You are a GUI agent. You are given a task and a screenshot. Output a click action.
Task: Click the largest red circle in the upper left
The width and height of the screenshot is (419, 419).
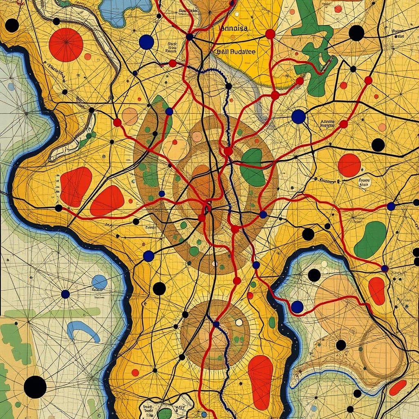(66, 45)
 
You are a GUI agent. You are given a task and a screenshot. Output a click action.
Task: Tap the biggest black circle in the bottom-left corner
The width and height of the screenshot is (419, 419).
(35, 387)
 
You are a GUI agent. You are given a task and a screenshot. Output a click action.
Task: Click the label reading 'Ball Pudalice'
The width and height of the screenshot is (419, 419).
(234, 52)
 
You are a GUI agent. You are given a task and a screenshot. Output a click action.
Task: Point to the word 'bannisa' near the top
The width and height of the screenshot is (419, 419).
(233, 29)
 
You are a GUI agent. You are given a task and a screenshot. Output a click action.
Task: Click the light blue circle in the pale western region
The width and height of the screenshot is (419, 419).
(99, 282)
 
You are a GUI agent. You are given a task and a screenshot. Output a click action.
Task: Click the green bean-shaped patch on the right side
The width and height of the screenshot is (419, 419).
(370, 240)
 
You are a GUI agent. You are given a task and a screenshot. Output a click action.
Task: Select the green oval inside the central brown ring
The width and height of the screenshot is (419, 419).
(252, 167)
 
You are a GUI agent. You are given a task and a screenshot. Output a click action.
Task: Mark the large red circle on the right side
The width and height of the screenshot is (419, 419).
(349, 165)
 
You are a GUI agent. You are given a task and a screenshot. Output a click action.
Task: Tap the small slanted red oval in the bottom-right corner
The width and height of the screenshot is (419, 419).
(397, 387)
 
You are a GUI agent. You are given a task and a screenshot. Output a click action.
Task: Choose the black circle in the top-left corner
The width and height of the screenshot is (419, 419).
(12, 25)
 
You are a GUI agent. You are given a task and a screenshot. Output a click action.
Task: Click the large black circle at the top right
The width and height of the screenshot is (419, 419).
(356, 33)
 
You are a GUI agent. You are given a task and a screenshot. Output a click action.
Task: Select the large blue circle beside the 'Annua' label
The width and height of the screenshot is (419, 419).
(299, 117)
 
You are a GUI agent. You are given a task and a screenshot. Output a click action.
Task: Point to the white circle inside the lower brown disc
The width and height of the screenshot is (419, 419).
(239, 322)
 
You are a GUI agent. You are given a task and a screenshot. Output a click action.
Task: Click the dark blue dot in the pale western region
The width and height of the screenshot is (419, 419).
(65, 294)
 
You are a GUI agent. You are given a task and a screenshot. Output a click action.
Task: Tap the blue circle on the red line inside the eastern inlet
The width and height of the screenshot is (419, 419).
(297, 307)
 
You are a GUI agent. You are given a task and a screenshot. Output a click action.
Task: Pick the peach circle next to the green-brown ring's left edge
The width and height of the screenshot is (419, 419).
(130, 116)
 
